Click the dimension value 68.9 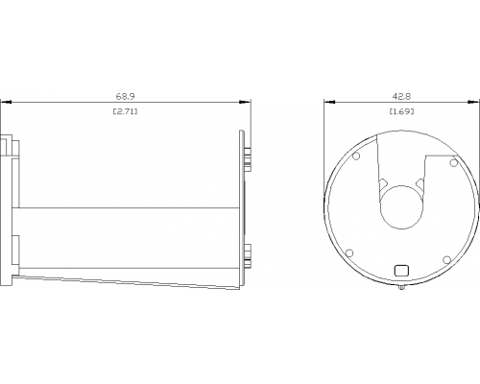coord(125,96)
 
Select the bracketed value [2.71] coord(125,111)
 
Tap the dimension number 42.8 coord(401,96)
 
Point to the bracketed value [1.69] coord(401,111)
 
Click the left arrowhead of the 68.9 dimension coord(6,102)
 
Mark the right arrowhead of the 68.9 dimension coord(245,102)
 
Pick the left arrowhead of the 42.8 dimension coord(329,102)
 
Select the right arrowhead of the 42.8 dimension coord(474,102)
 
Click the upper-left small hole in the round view coord(356,156)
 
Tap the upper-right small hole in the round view coord(453,163)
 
